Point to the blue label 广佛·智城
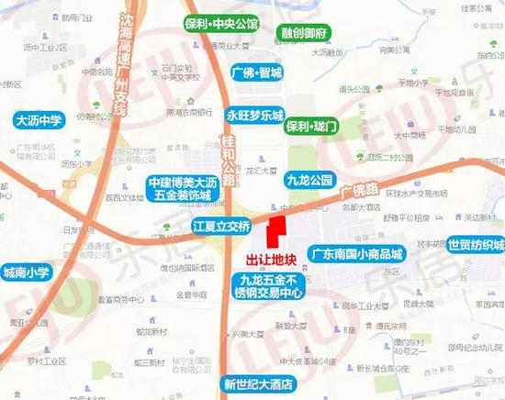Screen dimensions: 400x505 click(x=258, y=72)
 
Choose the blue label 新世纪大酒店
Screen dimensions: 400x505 click(x=263, y=383)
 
